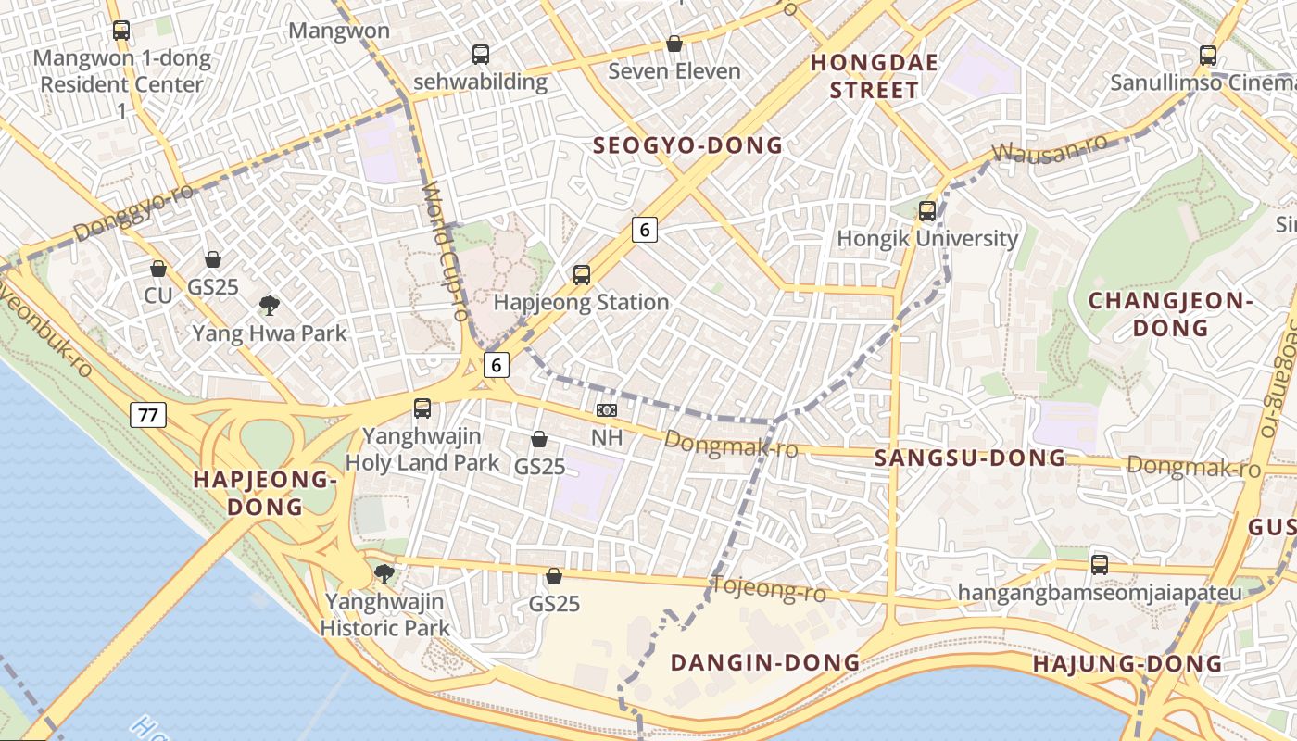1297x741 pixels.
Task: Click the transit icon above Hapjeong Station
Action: click(582, 274)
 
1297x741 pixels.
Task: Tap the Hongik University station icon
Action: click(927, 211)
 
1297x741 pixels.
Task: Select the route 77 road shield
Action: click(148, 414)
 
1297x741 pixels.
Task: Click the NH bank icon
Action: click(607, 409)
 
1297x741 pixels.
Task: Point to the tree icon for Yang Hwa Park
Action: click(270, 305)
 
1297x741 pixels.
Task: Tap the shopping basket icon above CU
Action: click(158, 269)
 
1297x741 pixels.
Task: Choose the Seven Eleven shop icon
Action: click(674, 44)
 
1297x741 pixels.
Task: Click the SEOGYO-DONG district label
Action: click(687, 145)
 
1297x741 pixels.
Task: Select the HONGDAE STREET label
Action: click(875, 76)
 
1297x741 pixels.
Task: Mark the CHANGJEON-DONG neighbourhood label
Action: click(1171, 314)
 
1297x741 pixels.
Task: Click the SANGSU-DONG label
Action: click(970, 458)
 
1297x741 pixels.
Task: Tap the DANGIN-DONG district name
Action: click(765, 662)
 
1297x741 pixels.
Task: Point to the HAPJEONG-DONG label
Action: click(264, 493)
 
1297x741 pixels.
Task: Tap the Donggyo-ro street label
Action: click(133, 212)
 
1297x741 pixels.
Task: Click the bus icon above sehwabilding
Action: click(480, 55)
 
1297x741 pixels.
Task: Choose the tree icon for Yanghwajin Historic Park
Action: click(384, 574)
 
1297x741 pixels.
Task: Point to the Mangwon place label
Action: click(339, 31)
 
